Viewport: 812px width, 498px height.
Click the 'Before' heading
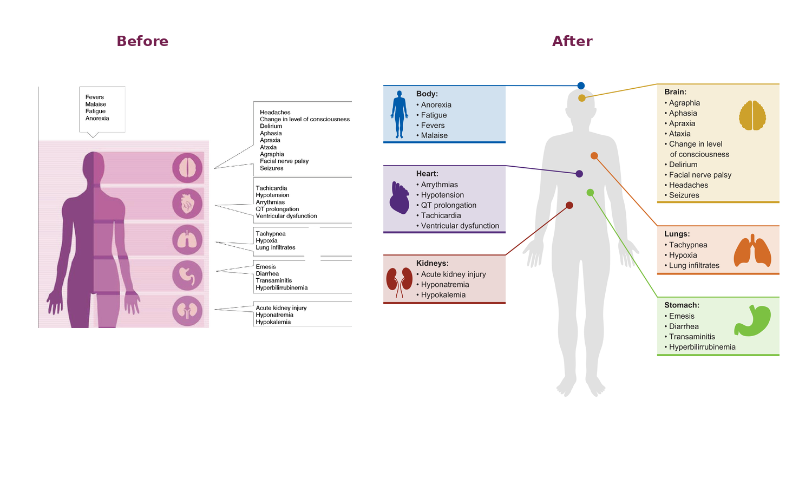point(142,41)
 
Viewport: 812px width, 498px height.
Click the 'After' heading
point(572,41)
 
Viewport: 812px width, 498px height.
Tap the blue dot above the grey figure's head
point(581,86)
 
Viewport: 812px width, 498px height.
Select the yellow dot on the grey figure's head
point(582,98)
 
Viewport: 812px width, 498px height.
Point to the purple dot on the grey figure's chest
point(579,174)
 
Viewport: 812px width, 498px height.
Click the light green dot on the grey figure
point(590,193)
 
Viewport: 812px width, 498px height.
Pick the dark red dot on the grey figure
point(569,206)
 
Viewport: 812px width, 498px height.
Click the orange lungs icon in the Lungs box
point(752,251)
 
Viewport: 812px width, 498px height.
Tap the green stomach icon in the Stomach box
point(752,321)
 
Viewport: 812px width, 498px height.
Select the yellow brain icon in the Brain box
point(752,115)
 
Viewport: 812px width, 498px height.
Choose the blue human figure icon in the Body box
point(399,114)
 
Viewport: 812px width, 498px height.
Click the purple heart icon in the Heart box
point(399,198)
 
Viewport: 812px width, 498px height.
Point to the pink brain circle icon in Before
point(187,168)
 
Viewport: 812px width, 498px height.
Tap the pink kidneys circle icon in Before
point(187,311)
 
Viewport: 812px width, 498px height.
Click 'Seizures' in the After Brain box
point(684,195)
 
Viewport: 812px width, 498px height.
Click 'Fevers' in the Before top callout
point(95,97)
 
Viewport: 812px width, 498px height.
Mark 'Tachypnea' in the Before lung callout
point(271,234)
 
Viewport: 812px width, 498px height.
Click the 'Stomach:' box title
point(682,305)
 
